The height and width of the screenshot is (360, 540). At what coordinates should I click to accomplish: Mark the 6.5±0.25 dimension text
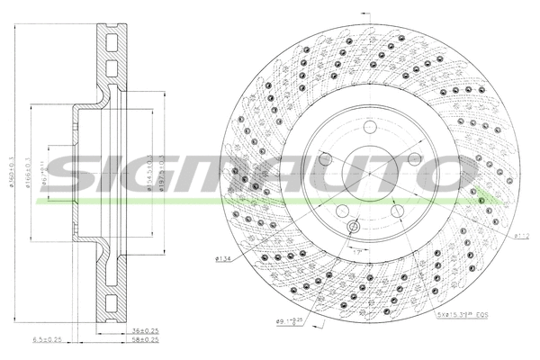pyautogui.click(x=48, y=341)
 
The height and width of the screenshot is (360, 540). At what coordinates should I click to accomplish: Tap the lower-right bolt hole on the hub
pyautogui.click(x=396, y=210)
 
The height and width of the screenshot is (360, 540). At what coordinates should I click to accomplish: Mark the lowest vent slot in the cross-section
pyautogui.click(x=112, y=302)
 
